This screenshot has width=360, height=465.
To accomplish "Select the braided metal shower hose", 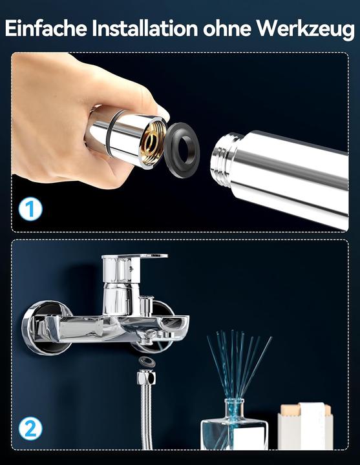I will (147, 420).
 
